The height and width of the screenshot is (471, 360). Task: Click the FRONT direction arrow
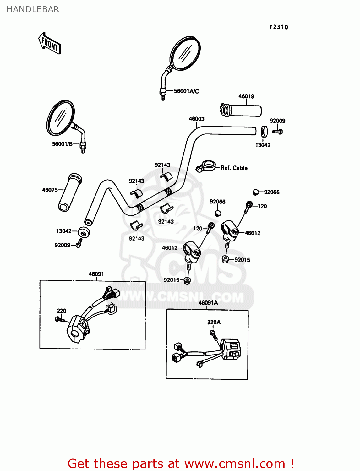pyautogui.click(x=50, y=43)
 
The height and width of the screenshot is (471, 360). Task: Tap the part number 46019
pyautogui.click(x=246, y=96)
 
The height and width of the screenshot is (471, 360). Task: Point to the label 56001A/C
pyautogui.click(x=186, y=91)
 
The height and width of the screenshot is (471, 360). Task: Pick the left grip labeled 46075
pyautogui.click(x=70, y=192)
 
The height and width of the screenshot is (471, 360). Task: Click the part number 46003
pyautogui.click(x=196, y=119)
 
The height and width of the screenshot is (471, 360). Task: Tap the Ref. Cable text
pyautogui.click(x=234, y=168)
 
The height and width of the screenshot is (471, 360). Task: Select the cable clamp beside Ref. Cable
pyautogui.click(x=205, y=166)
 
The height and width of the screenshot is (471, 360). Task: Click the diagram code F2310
pyautogui.click(x=279, y=27)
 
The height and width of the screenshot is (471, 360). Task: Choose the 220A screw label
pyautogui.click(x=214, y=322)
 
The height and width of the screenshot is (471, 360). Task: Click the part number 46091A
pyautogui.click(x=208, y=303)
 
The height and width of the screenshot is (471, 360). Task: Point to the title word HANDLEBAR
pyautogui.click(x=33, y=9)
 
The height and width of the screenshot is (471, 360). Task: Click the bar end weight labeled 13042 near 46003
pyautogui.click(x=264, y=131)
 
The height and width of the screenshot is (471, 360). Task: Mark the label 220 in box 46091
pyautogui.click(x=62, y=311)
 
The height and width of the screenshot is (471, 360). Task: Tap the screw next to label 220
pyautogui.click(x=60, y=320)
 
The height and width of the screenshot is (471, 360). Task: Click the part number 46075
pyautogui.click(x=50, y=190)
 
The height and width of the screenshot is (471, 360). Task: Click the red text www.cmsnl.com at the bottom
pyautogui.click(x=235, y=463)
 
